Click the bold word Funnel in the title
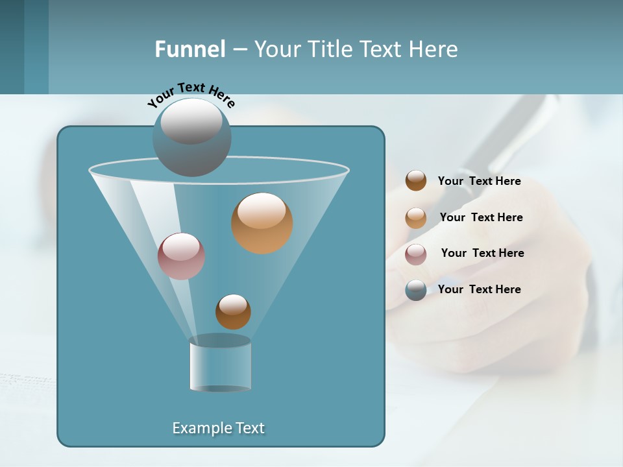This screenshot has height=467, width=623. pos(189,49)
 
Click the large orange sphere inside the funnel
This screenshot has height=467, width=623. pos(262,224)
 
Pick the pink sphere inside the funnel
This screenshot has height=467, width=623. pos(181,256)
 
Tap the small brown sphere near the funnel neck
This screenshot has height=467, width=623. pos(233,312)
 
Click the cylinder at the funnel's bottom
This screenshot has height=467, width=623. pos(220,365)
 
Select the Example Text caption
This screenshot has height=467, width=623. pos(219,428)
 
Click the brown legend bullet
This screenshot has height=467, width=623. pos(416,181)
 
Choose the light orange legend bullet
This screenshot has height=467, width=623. pos(416,218)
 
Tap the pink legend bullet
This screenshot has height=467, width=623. pos(416,254)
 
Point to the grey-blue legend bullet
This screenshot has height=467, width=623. pos(416,290)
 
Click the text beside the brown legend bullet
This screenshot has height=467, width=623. pos(479,182)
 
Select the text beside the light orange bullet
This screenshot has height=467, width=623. pos(481,218)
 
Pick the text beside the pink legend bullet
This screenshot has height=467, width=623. pos(482,254)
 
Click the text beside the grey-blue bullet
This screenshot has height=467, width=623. pos(479,290)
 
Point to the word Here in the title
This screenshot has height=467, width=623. pos(434,49)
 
